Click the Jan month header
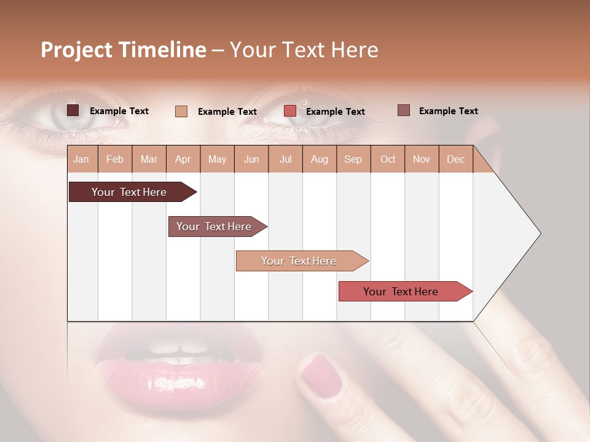81,159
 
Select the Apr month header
183,159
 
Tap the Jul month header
285,159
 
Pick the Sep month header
353,159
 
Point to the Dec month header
455,159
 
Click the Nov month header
421,159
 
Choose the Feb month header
115,159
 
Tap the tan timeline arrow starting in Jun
299,261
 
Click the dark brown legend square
73,110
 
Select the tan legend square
181,111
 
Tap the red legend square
290,111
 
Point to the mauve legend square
403,110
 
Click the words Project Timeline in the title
123,50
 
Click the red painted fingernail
321,374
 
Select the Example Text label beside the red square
335,112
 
